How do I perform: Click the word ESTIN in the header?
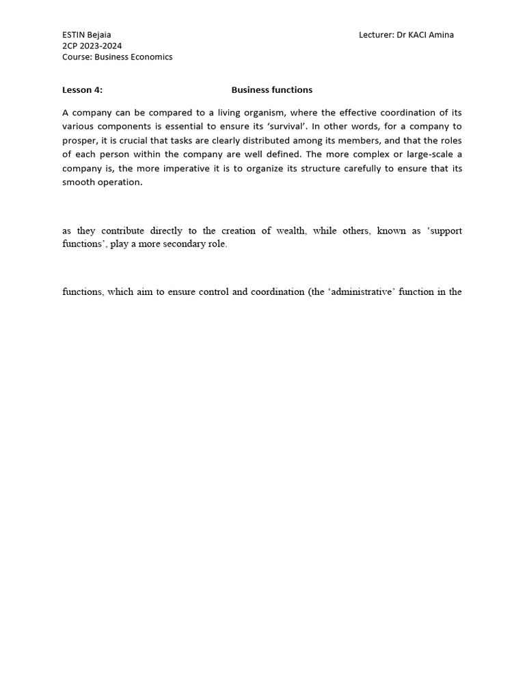(73, 35)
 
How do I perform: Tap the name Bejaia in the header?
(99, 35)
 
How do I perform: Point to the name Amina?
(441, 35)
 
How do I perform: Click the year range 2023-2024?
(100, 46)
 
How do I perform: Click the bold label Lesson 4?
(82, 89)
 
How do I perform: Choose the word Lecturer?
(375, 35)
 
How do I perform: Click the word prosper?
(80, 141)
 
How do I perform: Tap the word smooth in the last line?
(79, 182)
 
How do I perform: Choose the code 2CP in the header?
(70, 46)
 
